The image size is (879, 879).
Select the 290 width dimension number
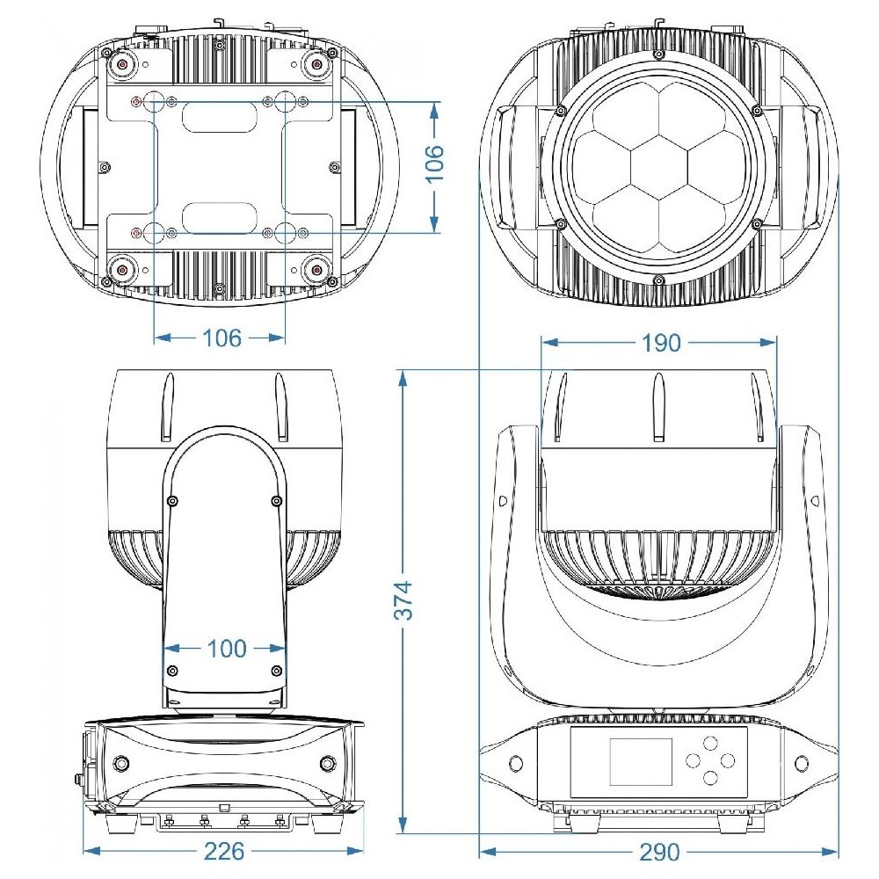(659, 853)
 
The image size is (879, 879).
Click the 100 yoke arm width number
(227, 649)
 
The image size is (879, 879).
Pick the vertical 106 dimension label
(434, 163)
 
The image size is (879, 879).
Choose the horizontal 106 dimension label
(222, 338)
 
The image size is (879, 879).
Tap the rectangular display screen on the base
(641, 760)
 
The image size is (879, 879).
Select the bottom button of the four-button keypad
(709, 777)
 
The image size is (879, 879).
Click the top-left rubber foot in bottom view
(120, 65)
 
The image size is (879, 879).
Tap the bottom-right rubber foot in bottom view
(317, 270)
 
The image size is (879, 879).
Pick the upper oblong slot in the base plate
(219, 118)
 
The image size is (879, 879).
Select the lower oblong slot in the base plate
(219, 218)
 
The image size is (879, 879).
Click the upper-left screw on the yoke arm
(172, 501)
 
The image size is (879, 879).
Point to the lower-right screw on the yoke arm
(276, 671)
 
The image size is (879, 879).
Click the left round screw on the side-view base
(120, 762)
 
